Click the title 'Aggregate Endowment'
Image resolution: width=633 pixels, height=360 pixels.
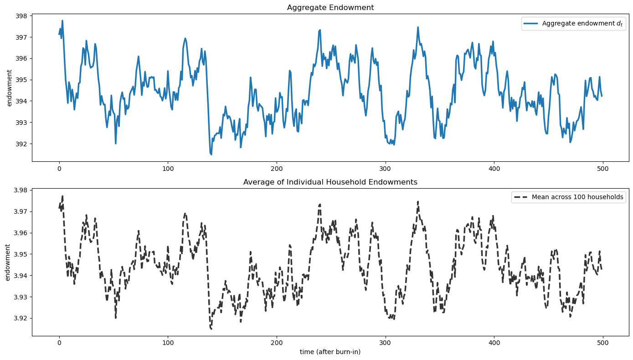(x=330, y=7)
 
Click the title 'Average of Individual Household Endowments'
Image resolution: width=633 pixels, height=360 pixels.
(x=330, y=182)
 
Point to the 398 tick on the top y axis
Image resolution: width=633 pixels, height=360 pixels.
(x=22, y=16)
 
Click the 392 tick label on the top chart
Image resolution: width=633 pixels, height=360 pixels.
(x=22, y=144)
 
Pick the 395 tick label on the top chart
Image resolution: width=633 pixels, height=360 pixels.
(x=22, y=80)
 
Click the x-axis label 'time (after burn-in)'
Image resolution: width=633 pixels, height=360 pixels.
(x=330, y=352)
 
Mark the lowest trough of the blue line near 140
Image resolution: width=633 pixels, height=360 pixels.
(x=211, y=154)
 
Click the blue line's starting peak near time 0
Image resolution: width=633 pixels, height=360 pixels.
(x=62, y=21)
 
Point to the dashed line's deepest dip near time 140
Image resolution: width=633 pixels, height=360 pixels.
(x=211, y=329)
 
